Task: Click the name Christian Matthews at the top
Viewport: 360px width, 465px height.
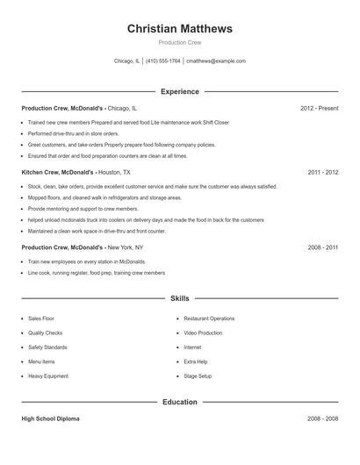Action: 180,29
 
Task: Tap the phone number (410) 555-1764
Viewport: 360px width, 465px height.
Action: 164,61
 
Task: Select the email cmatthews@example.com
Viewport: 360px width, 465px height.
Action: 215,61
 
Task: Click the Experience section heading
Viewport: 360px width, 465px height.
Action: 180,91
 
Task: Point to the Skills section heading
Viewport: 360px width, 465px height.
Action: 180,299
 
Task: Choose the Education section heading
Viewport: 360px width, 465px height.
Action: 180,402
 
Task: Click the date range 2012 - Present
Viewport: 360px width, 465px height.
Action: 319,108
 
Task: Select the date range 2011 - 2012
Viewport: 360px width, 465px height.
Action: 323,173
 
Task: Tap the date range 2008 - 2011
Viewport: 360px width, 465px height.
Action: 323,248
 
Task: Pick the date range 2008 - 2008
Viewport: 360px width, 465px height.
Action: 323,419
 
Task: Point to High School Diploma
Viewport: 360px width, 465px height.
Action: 50,419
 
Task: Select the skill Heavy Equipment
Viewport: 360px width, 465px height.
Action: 47,376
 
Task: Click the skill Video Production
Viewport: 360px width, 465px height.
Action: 204,333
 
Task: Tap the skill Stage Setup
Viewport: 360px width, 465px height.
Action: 198,376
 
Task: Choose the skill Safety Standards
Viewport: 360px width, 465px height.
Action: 47,347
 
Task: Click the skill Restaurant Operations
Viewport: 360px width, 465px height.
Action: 209,318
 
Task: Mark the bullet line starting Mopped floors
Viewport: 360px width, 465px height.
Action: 104,198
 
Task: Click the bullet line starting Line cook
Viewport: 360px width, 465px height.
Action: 97,273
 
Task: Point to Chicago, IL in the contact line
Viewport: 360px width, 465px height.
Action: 127,61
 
